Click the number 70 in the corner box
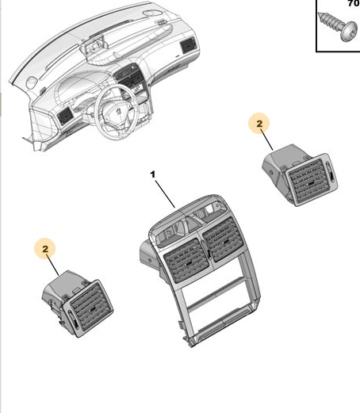[x=354, y=3]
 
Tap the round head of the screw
[x=349, y=32]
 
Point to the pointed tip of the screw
[x=319, y=14]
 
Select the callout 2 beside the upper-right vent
[x=259, y=124]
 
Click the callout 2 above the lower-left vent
[x=45, y=249]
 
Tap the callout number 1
[x=153, y=174]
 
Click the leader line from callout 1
[x=165, y=194]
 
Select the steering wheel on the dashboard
[x=117, y=113]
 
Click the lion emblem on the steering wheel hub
[x=118, y=110]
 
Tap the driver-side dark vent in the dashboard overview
[x=64, y=116]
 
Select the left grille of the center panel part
[x=186, y=260]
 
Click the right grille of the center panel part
[x=224, y=239]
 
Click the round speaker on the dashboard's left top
[x=32, y=82]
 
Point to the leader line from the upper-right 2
[x=267, y=140]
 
